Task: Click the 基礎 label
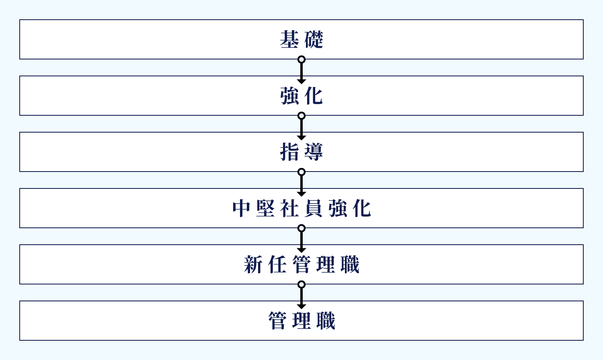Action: coord(301,39)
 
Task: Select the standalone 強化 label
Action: coord(301,96)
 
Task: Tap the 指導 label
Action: coord(301,152)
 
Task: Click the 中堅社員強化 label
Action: coord(301,208)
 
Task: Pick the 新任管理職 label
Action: coord(301,264)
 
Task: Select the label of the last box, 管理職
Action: coord(301,321)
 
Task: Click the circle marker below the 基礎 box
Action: coord(301,59)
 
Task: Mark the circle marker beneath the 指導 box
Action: coord(301,172)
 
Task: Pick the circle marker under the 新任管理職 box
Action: coord(301,284)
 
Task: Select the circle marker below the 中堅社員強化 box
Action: coord(301,228)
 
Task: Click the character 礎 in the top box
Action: coord(314,39)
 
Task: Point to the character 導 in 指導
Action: coord(314,152)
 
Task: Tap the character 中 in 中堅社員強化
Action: coord(242,208)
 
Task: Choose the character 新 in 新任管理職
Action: coord(253,264)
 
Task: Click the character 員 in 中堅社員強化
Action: coord(314,208)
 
